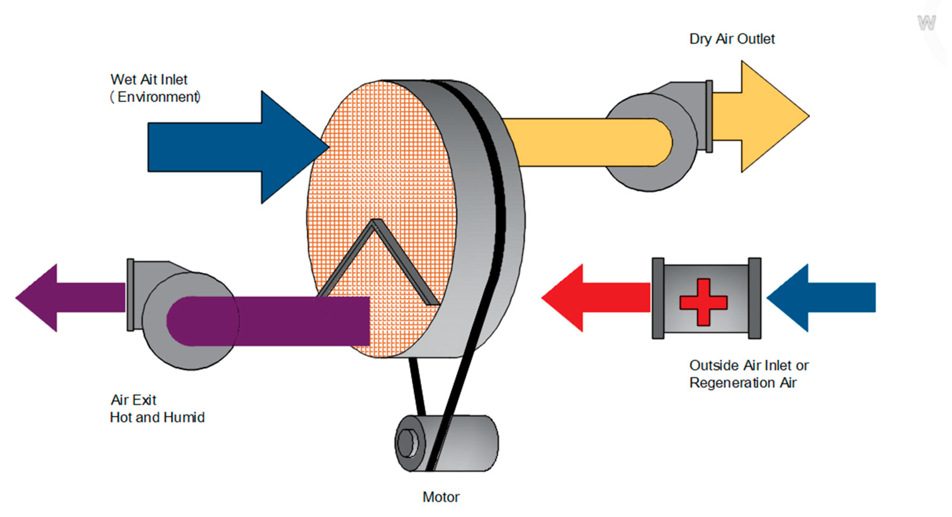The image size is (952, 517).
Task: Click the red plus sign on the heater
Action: pyautogui.click(x=703, y=302)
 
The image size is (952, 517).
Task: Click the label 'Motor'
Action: pyautogui.click(x=440, y=497)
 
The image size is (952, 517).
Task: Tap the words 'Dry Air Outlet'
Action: pyautogui.click(x=731, y=39)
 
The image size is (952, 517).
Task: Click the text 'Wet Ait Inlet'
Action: pyautogui.click(x=149, y=79)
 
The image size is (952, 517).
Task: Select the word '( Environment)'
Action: pyautogui.click(x=155, y=97)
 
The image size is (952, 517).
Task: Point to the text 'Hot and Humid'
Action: pyautogui.click(x=157, y=417)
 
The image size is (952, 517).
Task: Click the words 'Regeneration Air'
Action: pyautogui.click(x=742, y=383)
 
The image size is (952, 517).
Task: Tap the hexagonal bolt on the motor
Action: pyautogui.click(x=406, y=442)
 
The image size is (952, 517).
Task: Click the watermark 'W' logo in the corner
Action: pyautogui.click(x=926, y=23)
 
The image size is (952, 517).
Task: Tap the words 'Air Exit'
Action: pyautogui.click(x=134, y=400)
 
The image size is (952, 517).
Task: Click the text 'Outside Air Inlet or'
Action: pyautogui.click(x=749, y=366)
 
